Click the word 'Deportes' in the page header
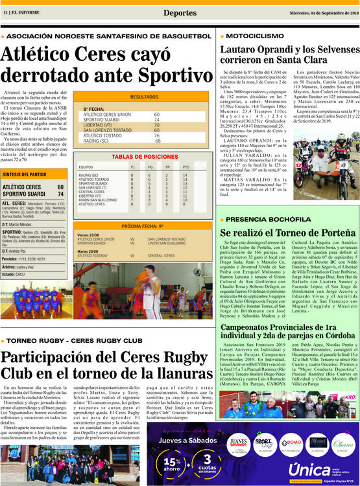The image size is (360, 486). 180,12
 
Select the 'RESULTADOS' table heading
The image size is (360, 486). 144,97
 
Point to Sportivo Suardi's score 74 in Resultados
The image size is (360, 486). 156,120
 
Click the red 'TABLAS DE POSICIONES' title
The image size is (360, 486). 144,157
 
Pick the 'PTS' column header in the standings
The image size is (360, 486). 186,167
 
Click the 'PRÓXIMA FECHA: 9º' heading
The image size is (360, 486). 144,227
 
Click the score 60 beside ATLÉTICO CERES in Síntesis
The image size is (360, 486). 60,187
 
